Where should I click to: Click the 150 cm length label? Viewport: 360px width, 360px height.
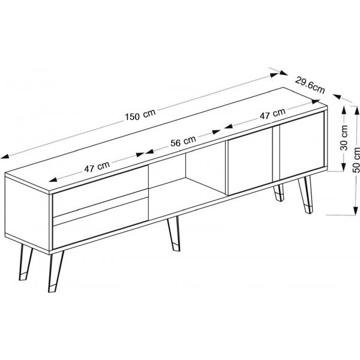(x=140, y=115)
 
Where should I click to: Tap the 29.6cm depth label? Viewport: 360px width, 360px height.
(x=310, y=85)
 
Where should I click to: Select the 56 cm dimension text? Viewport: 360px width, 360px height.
(x=183, y=141)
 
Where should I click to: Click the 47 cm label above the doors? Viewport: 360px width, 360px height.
(x=272, y=113)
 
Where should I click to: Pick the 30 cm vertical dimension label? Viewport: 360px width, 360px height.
(x=344, y=137)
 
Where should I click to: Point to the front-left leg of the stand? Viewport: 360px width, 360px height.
(x=55, y=272)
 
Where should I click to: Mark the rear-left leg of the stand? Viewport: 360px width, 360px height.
(x=25, y=262)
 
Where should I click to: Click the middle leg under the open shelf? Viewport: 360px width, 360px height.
(x=174, y=233)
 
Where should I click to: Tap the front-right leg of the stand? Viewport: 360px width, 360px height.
(x=305, y=194)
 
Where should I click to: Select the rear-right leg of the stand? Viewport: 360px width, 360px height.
(x=278, y=193)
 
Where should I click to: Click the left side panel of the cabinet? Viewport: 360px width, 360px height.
(x=28, y=213)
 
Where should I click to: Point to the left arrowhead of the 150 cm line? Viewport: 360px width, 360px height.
(x=5, y=157)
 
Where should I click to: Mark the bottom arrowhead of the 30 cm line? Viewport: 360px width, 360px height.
(x=344, y=167)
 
